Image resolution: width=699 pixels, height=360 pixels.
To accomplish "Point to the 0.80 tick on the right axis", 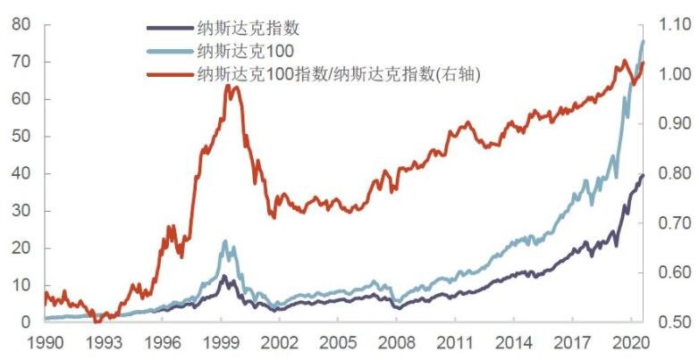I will (671, 173).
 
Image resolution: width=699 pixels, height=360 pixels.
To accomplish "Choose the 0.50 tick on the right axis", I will (671, 322).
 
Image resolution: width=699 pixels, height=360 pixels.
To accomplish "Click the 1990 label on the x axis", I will (45, 342).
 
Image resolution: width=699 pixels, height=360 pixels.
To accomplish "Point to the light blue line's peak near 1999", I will (226, 241).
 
